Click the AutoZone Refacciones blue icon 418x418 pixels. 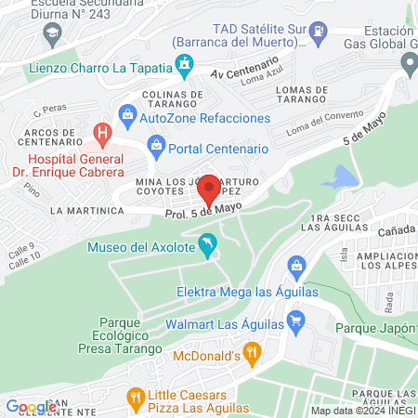coord(125,118)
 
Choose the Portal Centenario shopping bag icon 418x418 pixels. coord(156,147)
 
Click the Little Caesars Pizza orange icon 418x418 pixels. coord(137,398)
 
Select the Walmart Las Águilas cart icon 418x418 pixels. coord(296,324)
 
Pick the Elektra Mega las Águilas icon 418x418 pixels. coord(296,268)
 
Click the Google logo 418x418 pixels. coord(31,406)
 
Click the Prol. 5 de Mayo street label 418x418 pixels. coord(198,212)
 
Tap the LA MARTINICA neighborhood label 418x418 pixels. coord(87,211)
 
